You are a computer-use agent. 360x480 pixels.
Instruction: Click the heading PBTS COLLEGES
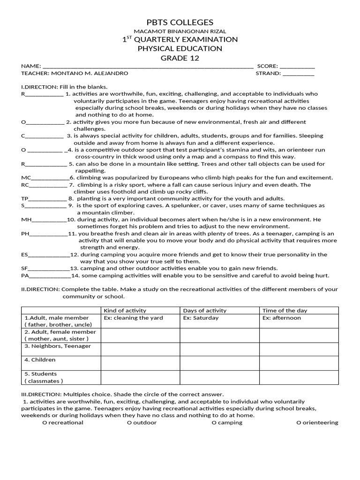[x=180, y=22]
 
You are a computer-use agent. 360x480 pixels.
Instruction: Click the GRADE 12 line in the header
[x=180, y=58]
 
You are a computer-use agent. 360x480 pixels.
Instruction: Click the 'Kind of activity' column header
[x=125, y=310]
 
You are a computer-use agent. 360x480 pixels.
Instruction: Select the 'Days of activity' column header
[x=204, y=310]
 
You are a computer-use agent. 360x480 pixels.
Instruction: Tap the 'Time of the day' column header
[x=285, y=310]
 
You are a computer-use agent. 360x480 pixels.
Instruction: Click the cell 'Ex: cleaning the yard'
[x=133, y=318]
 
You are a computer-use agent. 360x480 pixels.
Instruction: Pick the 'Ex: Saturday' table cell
[x=201, y=318]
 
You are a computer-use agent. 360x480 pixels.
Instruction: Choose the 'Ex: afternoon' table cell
[x=282, y=318]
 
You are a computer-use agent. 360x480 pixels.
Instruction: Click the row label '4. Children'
[x=40, y=360]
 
